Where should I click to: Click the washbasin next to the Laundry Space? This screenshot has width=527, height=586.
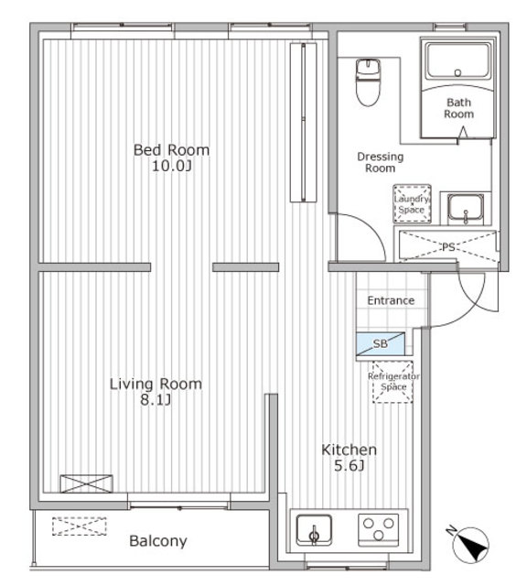[x=466, y=209]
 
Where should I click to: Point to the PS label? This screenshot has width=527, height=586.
[x=448, y=247]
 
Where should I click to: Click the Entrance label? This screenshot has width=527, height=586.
[x=391, y=300]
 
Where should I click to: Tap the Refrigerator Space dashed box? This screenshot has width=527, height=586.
[x=393, y=382]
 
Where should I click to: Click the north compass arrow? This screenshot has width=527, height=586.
[x=471, y=544]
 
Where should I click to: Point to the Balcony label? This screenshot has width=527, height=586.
[x=157, y=541]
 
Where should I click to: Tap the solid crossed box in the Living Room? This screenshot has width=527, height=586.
[x=86, y=483]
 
